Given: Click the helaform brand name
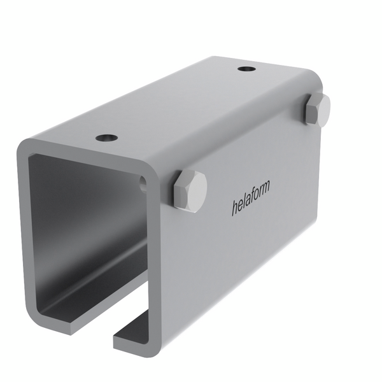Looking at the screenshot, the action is point(251,197).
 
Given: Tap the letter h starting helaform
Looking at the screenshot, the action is point(235,207).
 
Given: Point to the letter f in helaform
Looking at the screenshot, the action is point(253,195).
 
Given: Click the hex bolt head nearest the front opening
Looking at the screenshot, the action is point(190,191).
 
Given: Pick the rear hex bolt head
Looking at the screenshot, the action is point(318,110).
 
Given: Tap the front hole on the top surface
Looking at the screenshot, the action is point(106,138).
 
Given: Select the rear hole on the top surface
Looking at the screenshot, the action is point(246,69).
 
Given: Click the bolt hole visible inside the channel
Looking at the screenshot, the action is point(143,184).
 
